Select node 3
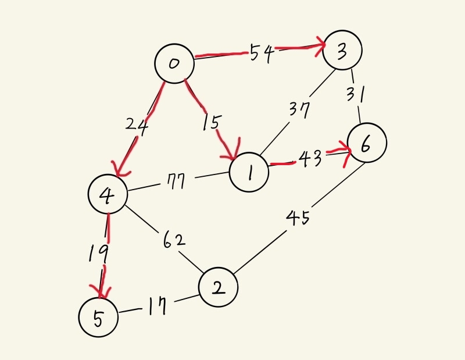point(342,51)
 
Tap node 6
point(366,144)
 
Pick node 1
point(249,173)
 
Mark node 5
point(98,318)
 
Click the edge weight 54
point(262,53)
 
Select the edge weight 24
point(138,125)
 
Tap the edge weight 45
point(298,218)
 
